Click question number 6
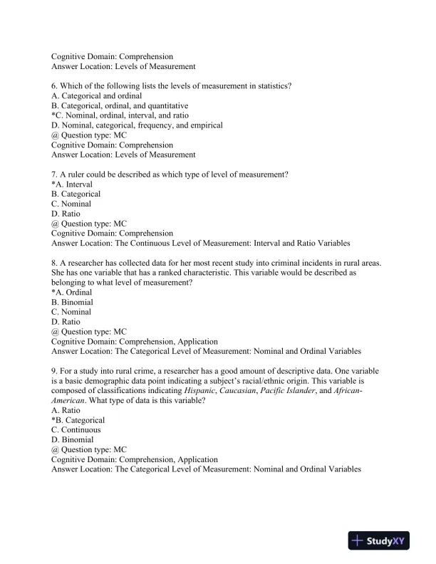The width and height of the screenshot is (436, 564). [x=55, y=85]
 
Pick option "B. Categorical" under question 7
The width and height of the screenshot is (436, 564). [x=76, y=194]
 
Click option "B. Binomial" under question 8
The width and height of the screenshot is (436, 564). [x=72, y=302]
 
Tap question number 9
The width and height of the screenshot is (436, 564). [x=55, y=371]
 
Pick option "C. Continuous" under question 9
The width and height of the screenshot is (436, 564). [x=76, y=429]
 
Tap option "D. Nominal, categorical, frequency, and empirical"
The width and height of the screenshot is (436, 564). [x=137, y=125]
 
